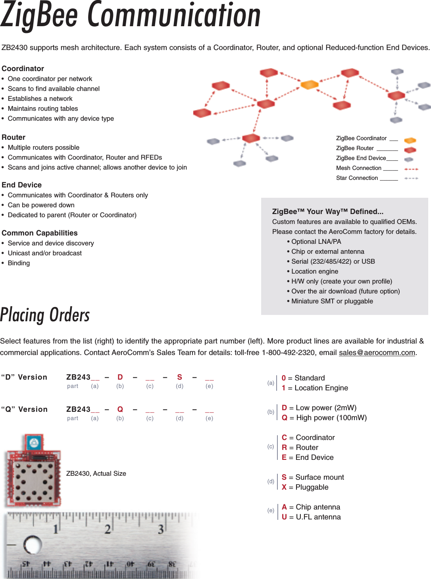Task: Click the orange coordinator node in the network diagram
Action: tap(310, 85)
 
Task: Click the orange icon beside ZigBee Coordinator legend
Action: tap(410, 140)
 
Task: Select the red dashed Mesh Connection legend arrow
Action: tap(411, 169)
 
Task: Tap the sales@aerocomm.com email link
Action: tap(377, 353)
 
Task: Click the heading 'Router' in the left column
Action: tap(13, 137)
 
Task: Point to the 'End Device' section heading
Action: tap(21, 185)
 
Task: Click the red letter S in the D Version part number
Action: tap(179, 377)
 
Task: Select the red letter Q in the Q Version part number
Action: tap(120, 409)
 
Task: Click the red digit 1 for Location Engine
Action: tap(284, 388)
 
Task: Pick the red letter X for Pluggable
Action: tap(284, 487)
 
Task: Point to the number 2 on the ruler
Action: tap(108, 529)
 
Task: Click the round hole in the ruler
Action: tap(33, 545)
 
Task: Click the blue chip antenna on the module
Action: tap(34, 442)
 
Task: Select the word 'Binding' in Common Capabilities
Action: tap(19, 263)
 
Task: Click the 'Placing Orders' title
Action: tap(45, 315)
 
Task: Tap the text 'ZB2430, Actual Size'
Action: tap(96, 473)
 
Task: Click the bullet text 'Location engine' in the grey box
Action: tap(315, 272)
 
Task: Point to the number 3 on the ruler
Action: tap(161, 529)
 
